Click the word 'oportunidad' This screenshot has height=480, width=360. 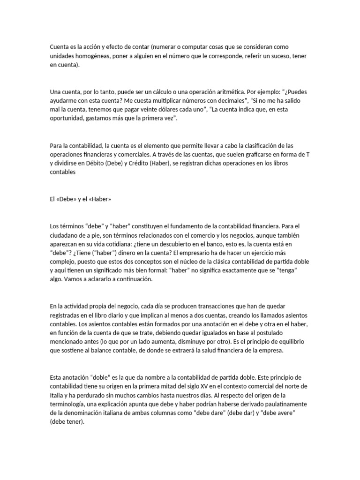coord(68,119)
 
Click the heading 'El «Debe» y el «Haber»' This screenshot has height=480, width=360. coord(80,199)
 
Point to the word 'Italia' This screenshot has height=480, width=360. coord(57,395)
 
